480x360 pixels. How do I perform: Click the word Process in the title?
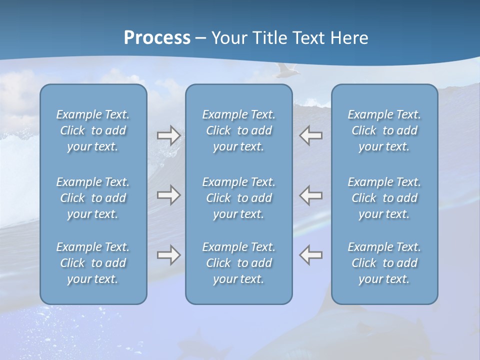tap(157, 38)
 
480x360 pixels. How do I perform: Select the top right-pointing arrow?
tap(168, 135)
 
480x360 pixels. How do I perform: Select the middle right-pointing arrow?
tap(168, 195)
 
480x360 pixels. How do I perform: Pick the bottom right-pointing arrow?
tap(168, 255)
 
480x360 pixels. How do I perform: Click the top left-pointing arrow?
tap(311, 135)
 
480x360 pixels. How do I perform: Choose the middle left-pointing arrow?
tap(311, 195)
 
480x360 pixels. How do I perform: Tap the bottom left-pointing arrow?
tap(311, 255)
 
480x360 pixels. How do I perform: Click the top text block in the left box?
tap(93, 130)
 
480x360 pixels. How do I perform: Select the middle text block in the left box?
tap(93, 198)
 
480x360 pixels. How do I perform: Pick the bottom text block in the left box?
tap(93, 263)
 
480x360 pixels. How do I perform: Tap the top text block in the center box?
tap(239, 130)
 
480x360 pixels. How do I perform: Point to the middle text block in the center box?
tap(239, 198)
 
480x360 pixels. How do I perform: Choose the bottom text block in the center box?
tap(239, 263)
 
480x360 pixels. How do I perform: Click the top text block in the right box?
tap(384, 130)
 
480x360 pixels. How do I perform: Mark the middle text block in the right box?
tap(384, 198)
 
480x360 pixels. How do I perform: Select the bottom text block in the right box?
tap(384, 263)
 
